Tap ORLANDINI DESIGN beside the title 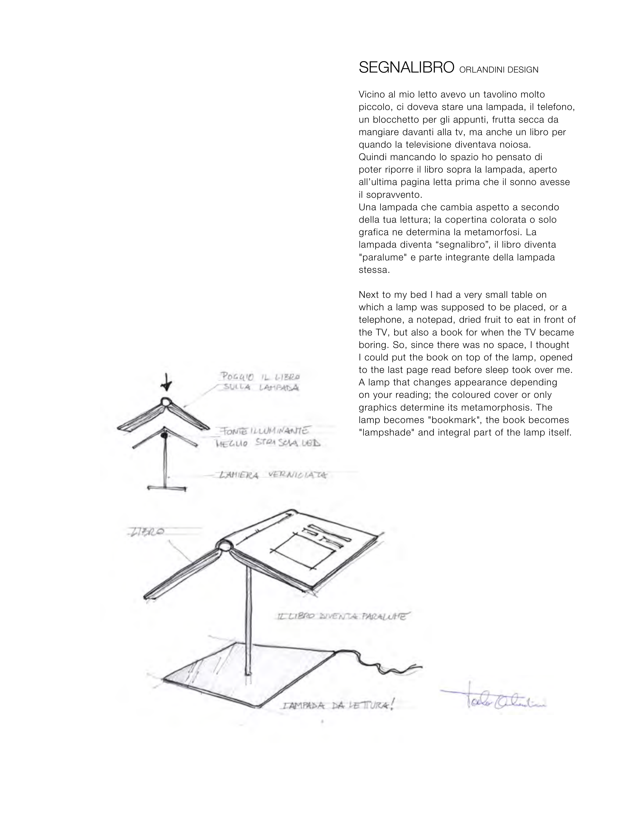pyautogui.click(x=499, y=70)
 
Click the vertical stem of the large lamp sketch pyautogui.click(x=249, y=621)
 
